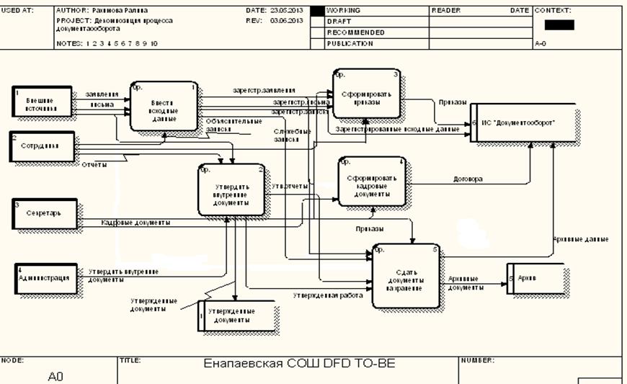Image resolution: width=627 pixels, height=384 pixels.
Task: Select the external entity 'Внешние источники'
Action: click(43, 102)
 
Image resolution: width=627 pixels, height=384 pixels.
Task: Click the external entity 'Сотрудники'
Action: click(43, 146)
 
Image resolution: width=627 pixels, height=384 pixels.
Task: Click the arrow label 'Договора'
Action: click(468, 179)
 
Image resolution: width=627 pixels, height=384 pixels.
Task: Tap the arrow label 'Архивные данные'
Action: click(580, 238)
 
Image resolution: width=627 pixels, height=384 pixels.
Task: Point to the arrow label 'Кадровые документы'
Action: click(135, 223)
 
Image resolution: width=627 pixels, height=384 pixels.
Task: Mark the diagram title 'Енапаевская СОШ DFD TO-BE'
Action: click(300, 365)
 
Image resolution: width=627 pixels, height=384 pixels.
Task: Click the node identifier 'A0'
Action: click(56, 376)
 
